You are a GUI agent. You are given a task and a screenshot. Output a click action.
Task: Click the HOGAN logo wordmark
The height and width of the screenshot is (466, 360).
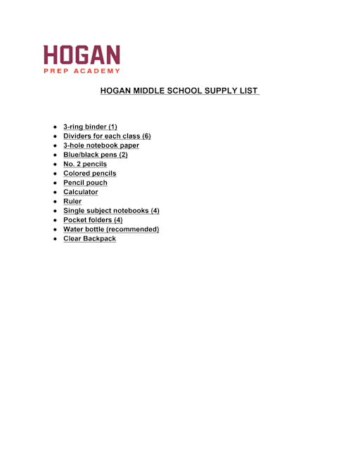82,56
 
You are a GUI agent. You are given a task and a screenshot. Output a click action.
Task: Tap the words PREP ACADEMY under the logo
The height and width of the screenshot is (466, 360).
82,71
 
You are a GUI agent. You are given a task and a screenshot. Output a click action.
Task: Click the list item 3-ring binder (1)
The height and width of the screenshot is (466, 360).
90,127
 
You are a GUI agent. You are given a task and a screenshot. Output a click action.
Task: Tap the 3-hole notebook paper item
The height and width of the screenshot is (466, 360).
101,145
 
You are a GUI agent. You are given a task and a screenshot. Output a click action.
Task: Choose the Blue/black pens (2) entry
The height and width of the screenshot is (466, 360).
95,155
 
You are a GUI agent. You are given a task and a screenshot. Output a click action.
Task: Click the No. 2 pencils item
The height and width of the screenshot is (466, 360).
85,164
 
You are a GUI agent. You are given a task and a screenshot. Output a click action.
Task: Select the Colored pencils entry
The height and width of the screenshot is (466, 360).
89,173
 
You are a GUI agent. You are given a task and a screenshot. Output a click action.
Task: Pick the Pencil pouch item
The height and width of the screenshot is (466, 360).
85,183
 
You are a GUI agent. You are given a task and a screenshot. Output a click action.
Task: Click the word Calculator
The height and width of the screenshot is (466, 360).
80,192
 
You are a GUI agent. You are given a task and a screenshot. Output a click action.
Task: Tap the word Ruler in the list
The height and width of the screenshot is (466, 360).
72,201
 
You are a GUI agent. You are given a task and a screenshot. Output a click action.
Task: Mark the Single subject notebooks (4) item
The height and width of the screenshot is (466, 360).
111,210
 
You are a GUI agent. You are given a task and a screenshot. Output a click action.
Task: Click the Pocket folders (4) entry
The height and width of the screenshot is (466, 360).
93,220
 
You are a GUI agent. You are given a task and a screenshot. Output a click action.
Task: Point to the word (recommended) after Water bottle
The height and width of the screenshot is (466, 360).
132,229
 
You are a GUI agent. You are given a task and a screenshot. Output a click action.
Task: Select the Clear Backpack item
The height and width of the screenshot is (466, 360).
89,238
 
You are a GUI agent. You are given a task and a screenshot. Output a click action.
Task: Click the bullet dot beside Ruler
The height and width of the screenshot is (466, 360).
55,201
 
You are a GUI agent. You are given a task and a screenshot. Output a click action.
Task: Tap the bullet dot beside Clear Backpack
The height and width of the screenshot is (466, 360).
55,239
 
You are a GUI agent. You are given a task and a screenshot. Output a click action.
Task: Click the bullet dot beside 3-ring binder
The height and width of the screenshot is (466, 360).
55,127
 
